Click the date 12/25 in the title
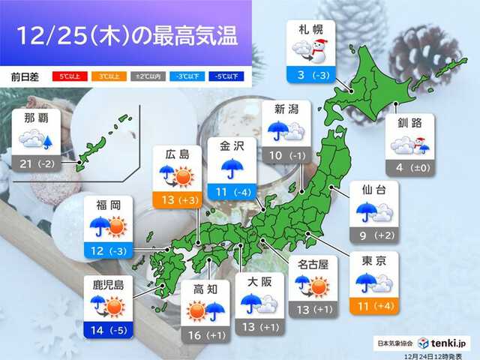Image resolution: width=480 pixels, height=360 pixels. coord(52,34)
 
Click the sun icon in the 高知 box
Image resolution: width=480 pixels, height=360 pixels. coord(196,309)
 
